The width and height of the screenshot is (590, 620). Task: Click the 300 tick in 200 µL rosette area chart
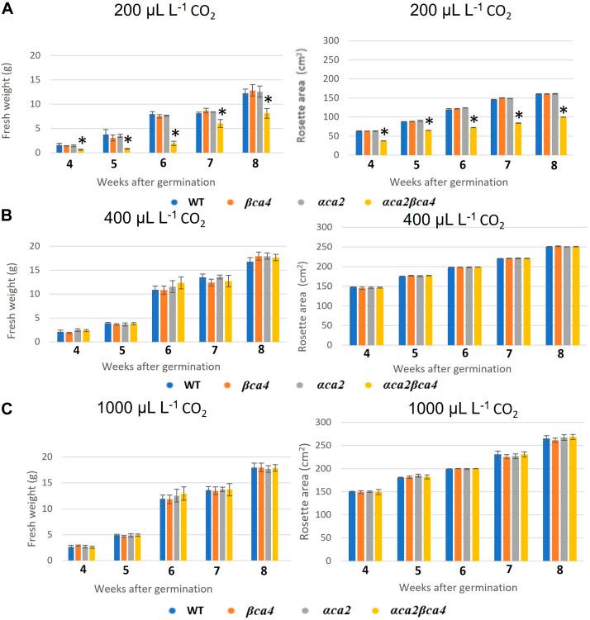tap(331, 40)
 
